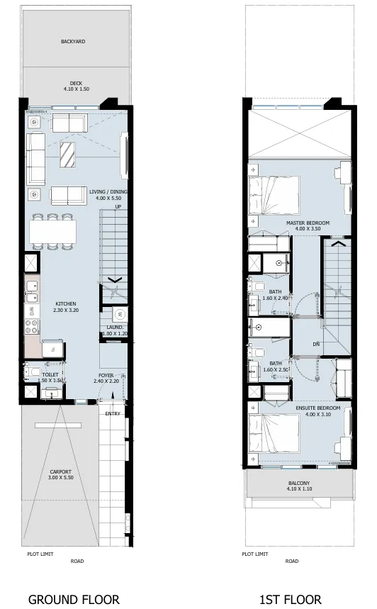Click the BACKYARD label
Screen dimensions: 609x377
(73, 42)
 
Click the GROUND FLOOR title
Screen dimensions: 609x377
(73, 599)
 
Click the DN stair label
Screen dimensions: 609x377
(315, 345)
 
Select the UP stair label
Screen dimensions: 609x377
(108, 207)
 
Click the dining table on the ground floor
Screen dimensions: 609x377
(53, 231)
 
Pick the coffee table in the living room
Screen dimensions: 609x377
(68, 154)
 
